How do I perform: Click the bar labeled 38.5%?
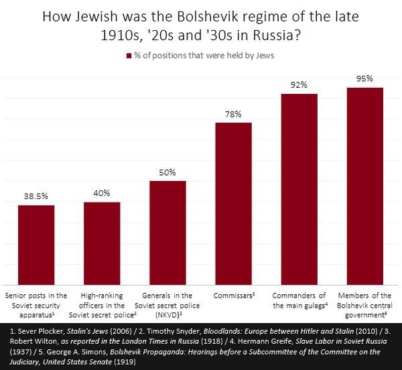pos(36,245)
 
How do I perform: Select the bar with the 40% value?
pos(102,243)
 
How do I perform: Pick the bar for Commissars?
pos(233,204)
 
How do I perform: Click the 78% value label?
pos(233,114)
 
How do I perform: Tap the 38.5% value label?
pos(36,197)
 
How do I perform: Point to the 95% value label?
pos(364,79)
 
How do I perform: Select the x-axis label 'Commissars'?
pos(232,295)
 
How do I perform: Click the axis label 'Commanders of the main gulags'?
pos(299,300)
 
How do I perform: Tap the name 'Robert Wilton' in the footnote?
pos(25,341)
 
